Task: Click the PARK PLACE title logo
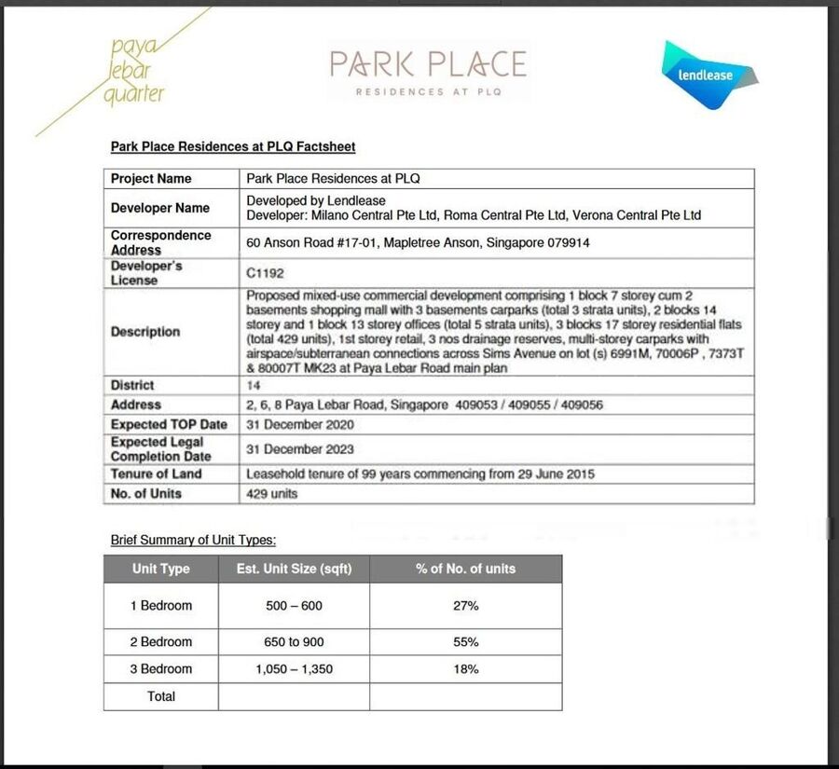428,72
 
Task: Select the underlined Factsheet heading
233,146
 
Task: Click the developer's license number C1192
265,273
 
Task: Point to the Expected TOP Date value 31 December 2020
300,424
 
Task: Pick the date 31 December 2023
300,449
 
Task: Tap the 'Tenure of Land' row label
156,474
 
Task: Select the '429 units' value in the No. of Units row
271,493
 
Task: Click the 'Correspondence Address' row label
160,242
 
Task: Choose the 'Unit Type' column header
160,569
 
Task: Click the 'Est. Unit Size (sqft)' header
294,569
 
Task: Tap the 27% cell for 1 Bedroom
465,606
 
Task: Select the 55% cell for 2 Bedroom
465,642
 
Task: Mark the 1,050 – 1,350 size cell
294,669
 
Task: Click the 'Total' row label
160,696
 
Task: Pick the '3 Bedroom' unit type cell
160,669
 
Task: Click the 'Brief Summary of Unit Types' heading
193,540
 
